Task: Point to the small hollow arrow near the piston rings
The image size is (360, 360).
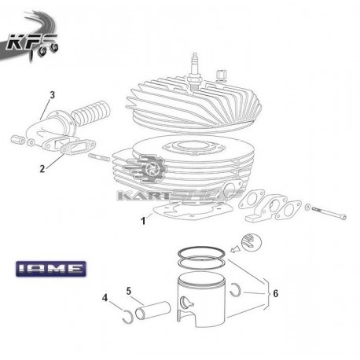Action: click(235, 248)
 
